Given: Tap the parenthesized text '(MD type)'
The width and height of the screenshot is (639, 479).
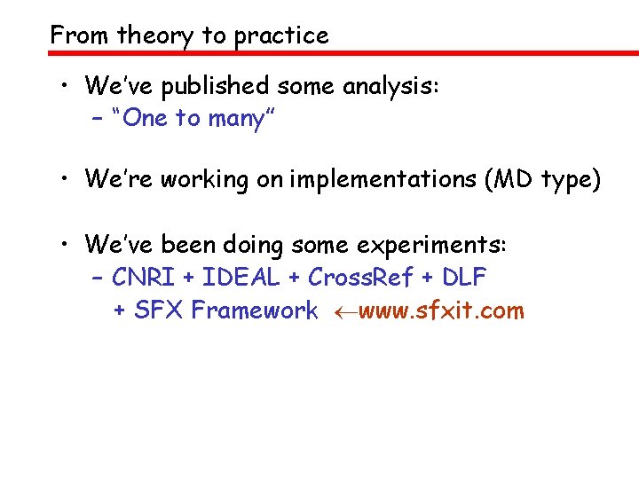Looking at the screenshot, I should coord(543,180).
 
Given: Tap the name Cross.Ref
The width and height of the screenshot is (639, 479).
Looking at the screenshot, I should coord(360,278).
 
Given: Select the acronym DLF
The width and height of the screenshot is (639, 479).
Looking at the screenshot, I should coord(463,278).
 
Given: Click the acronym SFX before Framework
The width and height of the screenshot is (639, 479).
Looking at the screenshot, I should coord(160,310).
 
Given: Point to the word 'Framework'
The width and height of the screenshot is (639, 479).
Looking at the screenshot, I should coord(255,310).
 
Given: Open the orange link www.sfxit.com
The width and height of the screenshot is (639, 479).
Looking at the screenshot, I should coord(441,310).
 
